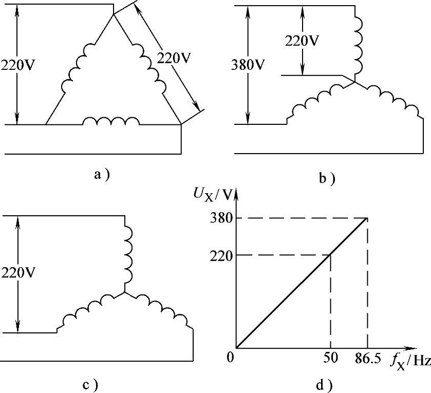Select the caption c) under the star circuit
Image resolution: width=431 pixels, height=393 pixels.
click(91, 384)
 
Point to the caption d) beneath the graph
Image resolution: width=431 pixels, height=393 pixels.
click(325, 384)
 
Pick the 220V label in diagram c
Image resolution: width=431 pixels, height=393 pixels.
click(19, 272)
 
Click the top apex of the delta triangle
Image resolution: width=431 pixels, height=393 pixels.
click(114, 14)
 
